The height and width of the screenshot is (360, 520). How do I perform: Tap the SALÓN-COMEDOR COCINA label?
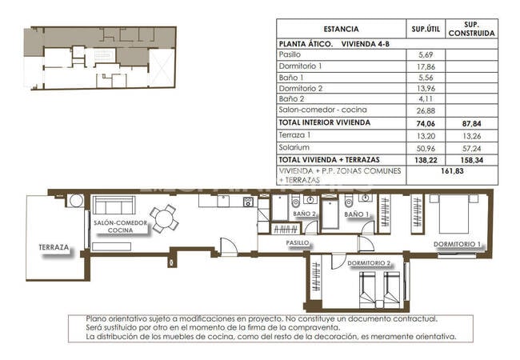click(119, 226)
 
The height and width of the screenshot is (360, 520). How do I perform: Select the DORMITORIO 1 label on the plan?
click(458, 244)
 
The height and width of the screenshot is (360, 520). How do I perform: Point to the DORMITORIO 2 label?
click(369, 262)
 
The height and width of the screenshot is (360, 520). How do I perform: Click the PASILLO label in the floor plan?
click(298, 242)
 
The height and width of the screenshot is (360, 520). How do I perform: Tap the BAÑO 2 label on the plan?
click(305, 214)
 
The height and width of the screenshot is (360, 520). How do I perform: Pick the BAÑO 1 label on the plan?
click(357, 214)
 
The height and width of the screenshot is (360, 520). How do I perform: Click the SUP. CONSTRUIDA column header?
click(471, 29)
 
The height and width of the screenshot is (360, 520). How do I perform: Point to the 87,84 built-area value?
click(471, 122)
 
